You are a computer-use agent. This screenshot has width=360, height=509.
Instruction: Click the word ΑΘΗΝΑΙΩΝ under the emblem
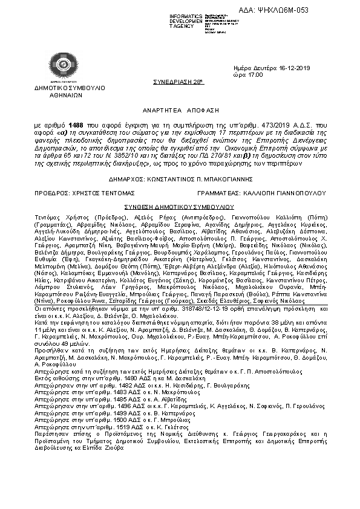click(61, 96)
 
